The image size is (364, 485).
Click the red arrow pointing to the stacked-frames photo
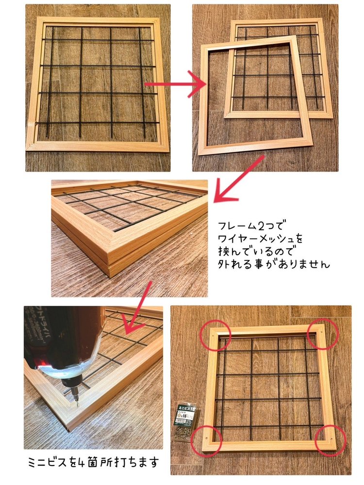pyautogui.click(x=238, y=179)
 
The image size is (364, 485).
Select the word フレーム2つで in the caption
pyautogui.click(x=253, y=226)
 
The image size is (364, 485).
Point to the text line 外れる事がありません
pyautogui.click(x=274, y=265)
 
